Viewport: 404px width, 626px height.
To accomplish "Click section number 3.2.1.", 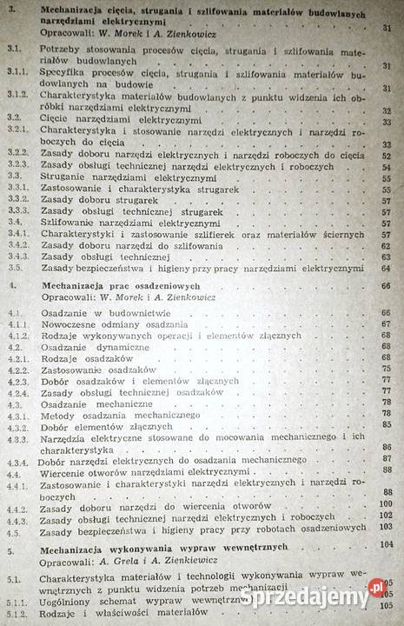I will [x=16, y=128].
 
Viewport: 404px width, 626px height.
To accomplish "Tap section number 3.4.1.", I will [x=15, y=234].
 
